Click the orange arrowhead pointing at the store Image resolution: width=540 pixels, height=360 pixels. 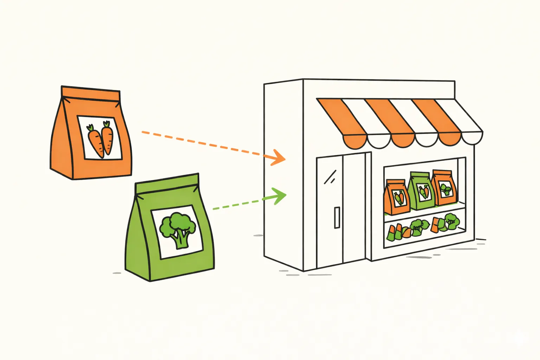(x=277, y=158)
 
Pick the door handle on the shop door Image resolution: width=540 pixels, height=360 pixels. (x=337, y=218)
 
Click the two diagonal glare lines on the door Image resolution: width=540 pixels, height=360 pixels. (x=330, y=177)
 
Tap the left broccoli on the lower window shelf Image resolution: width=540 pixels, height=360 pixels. (x=419, y=226)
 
